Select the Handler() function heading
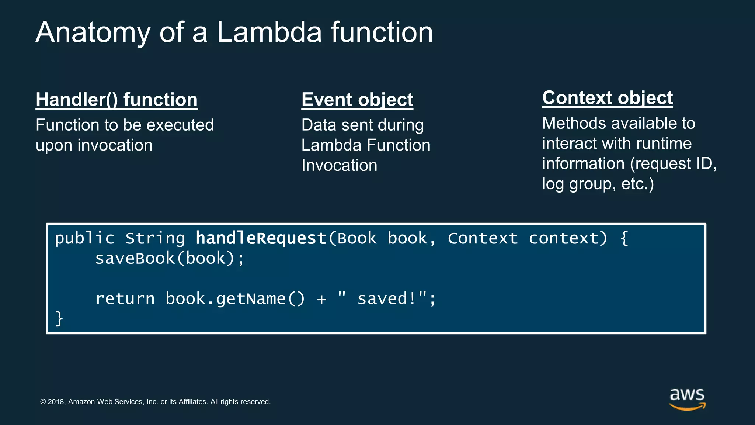pyautogui.click(x=116, y=100)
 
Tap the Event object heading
pyautogui.click(x=357, y=100)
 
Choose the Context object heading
pyautogui.click(x=608, y=98)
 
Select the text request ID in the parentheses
pyautogui.click(x=674, y=164)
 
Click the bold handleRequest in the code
pyautogui.click(x=261, y=238)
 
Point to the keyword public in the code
pyautogui.click(x=85, y=238)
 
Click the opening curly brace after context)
pyautogui.click(x=624, y=238)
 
